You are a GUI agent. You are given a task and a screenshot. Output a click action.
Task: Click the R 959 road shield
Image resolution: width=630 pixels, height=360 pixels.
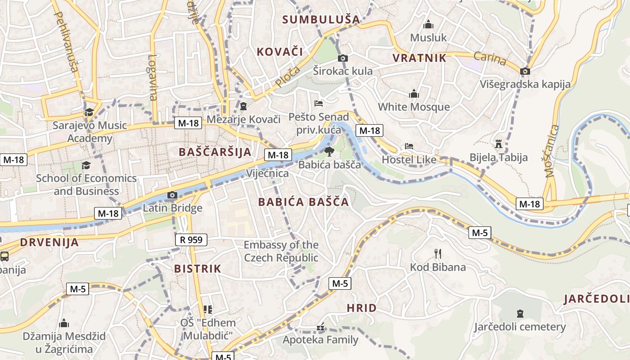point(191,240)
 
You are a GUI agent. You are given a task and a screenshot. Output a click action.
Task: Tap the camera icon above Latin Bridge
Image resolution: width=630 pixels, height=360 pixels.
point(172,195)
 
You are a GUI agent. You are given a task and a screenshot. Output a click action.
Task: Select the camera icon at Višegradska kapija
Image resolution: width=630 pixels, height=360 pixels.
point(525,71)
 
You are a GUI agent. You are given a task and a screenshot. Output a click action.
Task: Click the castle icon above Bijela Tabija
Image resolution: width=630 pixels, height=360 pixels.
point(498,144)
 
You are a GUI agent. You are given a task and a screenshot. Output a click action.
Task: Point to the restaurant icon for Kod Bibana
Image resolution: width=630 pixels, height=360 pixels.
point(438,254)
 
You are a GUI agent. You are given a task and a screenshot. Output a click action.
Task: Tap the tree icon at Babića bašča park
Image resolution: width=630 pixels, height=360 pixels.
point(329,152)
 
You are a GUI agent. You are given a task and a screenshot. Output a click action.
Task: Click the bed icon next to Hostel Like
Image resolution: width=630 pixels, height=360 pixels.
point(409,146)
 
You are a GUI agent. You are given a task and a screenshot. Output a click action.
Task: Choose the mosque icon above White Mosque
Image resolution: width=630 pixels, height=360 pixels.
point(414,94)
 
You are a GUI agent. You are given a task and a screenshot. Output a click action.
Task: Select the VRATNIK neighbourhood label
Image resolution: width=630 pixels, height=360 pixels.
point(419,58)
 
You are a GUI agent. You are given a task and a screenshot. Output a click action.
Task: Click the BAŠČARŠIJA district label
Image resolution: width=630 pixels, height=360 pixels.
point(215,152)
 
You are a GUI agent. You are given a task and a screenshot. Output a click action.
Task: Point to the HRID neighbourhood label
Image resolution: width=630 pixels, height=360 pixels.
point(362,308)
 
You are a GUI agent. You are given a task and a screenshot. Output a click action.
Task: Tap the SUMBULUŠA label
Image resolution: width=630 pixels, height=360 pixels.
point(321,19)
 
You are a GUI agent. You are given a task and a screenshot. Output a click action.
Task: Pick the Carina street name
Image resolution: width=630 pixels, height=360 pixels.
point(490,58)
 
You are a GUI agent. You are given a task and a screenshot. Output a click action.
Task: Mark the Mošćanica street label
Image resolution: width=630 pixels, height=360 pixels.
point(552,151)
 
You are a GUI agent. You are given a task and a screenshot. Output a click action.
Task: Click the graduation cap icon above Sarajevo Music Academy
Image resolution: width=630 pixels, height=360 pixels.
point(90,112)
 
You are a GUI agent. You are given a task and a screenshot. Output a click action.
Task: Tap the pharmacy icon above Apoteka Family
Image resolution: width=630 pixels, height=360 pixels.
point(320,327)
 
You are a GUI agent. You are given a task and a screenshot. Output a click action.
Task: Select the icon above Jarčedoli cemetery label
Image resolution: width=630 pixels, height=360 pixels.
point(520,313)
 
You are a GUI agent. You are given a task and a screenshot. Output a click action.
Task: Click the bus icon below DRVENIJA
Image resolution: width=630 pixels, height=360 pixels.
point(4,256)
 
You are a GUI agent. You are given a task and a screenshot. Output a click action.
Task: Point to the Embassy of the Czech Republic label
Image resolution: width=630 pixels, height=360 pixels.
point(281,252)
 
